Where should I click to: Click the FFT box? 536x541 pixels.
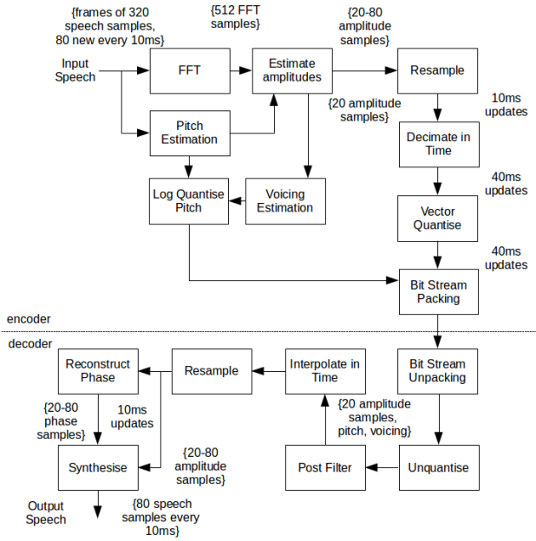point(190,70)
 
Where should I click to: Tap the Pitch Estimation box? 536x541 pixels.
point(190,133)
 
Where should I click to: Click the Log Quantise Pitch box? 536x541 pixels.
point(189,200)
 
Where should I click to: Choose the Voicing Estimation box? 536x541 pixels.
point(285,200)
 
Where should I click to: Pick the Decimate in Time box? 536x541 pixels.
point(438,144)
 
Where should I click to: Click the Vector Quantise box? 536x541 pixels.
point(438,218)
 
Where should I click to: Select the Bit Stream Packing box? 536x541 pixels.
point(438,291)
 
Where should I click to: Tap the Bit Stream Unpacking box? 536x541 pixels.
point(437,371)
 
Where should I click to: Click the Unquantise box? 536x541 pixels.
point(437,467)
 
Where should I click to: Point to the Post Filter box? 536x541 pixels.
point(325,467)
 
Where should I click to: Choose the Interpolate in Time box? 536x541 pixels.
point(325,371)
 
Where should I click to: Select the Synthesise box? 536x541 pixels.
point(97,467)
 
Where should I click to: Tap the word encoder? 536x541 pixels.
point(29,319)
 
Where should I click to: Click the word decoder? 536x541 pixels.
point(29,344)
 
